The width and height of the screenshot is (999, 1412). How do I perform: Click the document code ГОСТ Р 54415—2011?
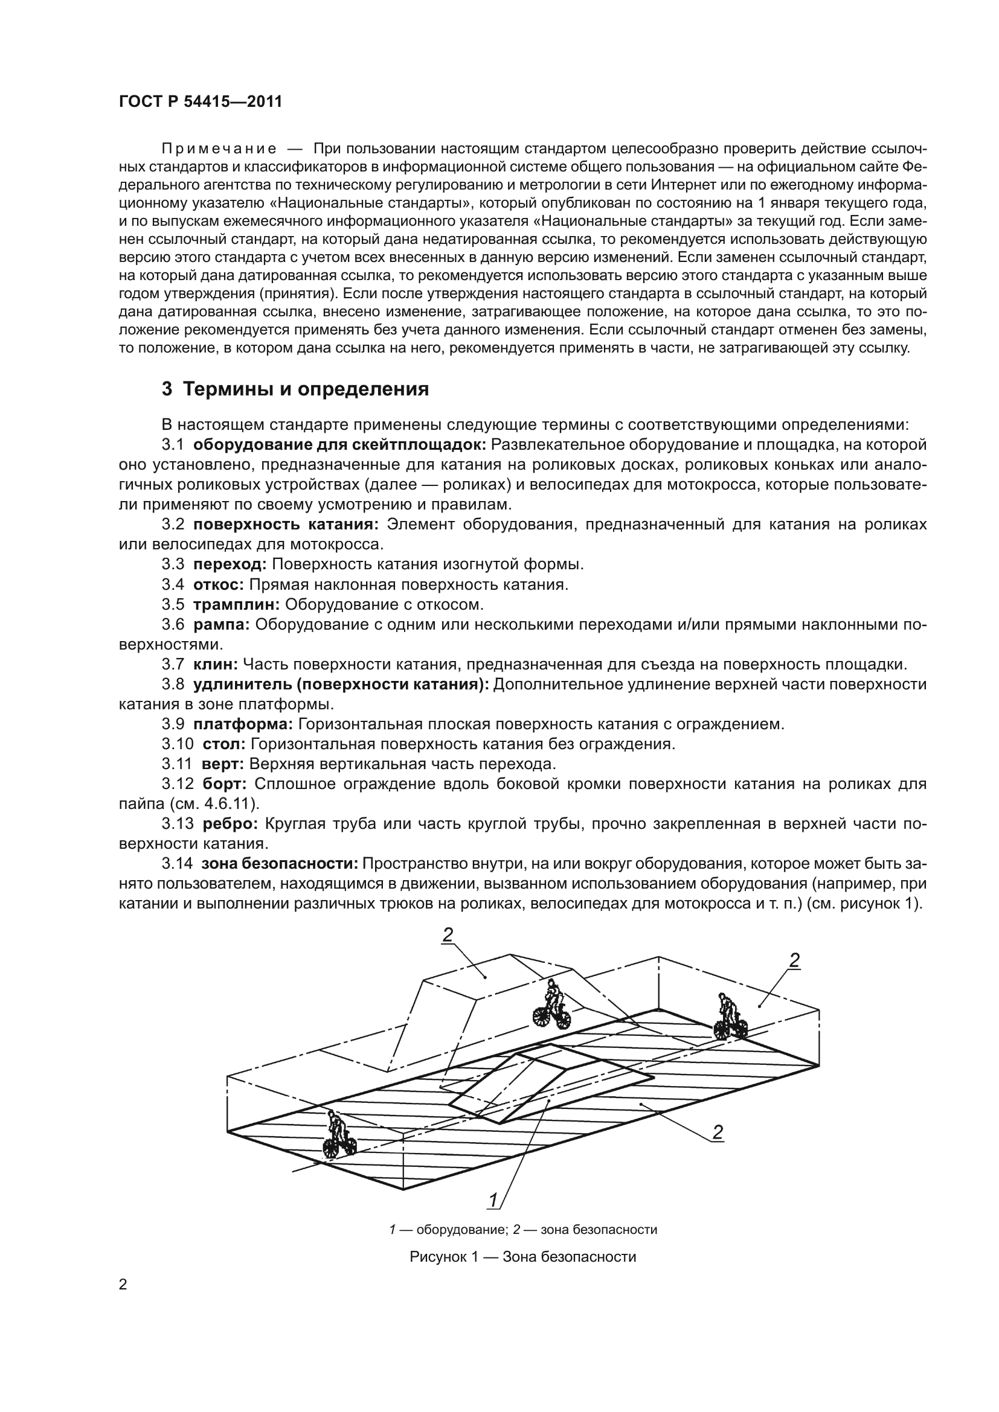coord(201,102)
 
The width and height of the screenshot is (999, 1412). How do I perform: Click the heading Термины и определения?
coord(295,389)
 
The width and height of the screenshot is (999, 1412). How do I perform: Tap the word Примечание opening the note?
coord(219,149)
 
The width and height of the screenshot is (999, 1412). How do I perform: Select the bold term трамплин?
coord(237,604)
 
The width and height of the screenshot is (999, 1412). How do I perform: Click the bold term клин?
coord(215,664)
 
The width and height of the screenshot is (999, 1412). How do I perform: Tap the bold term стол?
coord(224,744)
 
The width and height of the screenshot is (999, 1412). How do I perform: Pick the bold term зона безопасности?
coord(279,864)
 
